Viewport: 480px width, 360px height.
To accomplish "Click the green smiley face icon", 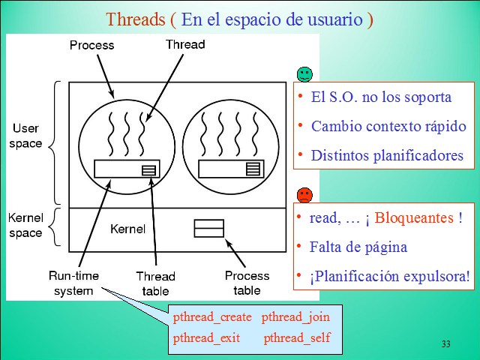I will [x=304, y=73].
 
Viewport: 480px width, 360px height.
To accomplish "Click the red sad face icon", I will [x=304, y=195].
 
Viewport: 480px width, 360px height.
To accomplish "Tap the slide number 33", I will [x=446, y=344].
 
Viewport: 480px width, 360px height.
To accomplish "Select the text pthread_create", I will [x=212, y=317].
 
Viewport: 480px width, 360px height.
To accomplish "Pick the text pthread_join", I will [x=295, y=317].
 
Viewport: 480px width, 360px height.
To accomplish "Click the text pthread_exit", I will [x=206, y=337].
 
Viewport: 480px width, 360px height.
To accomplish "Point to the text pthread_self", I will [x=297, y=337].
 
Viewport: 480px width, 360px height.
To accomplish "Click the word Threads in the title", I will [x=130, y=19].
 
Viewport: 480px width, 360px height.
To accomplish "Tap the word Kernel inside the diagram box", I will [x=127, y=228].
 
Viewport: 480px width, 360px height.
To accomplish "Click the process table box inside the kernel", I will [x=208, y=228].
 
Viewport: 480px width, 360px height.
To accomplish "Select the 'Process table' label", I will [x=247, y=283].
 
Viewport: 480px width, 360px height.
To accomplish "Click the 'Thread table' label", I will [x=155, y=283].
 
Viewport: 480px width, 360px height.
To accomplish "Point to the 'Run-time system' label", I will [x=73, y=283].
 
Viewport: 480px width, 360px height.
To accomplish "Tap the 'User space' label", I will [x=25, y=136].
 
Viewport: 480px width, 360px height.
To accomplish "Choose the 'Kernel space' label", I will [x=25, y=226].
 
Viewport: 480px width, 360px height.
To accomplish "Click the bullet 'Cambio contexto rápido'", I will [x=388, y=126].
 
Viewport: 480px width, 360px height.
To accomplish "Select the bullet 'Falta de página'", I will [x=358, y=246].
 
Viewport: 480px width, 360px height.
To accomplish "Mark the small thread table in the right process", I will [x=253, y=169].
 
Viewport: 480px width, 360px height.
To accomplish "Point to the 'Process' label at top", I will [x=91, y=45].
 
